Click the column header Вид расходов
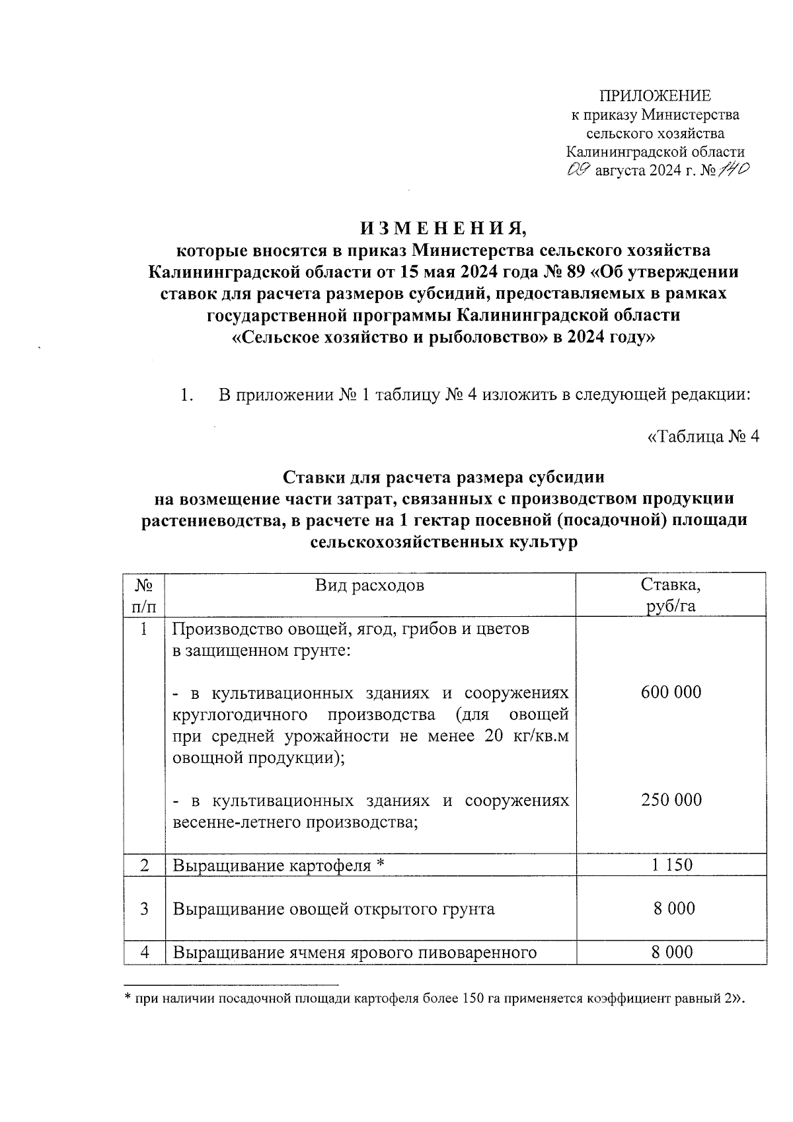[369, 585]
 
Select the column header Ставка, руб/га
[671, 595]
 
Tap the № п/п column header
[144, 595]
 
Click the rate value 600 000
[671, 692]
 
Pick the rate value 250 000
[671, 800]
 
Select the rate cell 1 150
[671, 864]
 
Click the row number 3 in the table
[144, 908]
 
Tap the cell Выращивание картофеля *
[278, 865]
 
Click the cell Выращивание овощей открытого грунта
[334, 909]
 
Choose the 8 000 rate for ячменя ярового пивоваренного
[673, 952]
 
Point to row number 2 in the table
[144, 865]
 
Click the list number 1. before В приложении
[187, 396]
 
